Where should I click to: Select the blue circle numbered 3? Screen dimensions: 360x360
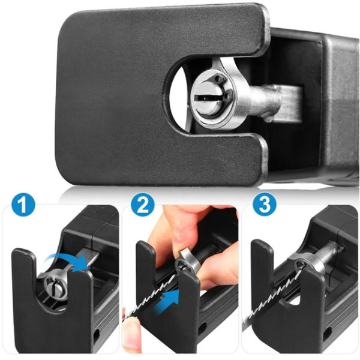pos(265,204)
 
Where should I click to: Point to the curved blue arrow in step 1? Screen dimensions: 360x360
pos(67,262)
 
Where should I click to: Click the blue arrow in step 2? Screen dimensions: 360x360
pos(167,301)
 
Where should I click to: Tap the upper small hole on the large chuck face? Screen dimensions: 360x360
pos(217,79)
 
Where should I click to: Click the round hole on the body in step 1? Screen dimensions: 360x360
pos(97,335)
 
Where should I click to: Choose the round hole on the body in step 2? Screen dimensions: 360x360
pos(203,329)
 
